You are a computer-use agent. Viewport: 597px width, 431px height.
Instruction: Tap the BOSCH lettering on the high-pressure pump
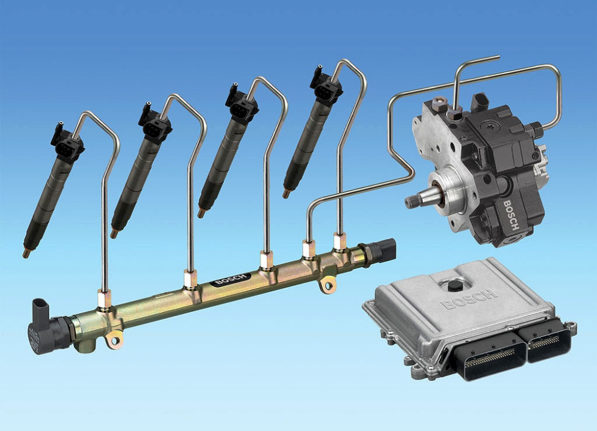coord(511,215)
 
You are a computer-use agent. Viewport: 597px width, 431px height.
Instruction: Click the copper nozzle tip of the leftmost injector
coord(26,253)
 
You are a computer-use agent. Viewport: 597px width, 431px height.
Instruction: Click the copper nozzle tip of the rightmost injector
coord(286,194)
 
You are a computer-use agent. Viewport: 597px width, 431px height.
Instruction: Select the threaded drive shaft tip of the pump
coord(413,201)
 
